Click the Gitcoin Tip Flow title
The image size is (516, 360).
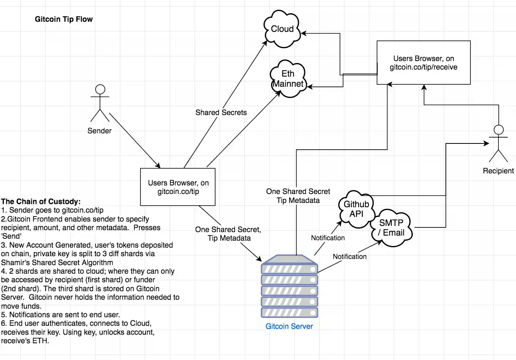(64, 19)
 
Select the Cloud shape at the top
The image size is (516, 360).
(282, 29)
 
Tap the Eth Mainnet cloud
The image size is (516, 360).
(288, 79)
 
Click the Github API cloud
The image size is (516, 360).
(356, 209)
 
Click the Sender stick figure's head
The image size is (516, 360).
(100, 89)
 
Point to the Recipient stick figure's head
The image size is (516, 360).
(498, 130)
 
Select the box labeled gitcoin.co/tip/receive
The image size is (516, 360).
(423, 63)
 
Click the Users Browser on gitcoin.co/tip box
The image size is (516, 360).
(178, 187)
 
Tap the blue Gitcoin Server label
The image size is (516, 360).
(289, 327)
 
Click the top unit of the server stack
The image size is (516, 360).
(289, 269)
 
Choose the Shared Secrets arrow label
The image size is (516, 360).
(221, 112)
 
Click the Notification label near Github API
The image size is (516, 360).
(328, 238)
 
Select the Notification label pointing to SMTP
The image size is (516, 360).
(349, 257)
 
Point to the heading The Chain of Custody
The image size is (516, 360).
(41, 201)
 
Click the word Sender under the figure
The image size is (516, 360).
(99, 131)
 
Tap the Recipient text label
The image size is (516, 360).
(498, 171)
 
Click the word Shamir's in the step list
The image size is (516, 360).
(14, 262)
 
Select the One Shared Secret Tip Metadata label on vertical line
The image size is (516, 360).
(298, 196)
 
